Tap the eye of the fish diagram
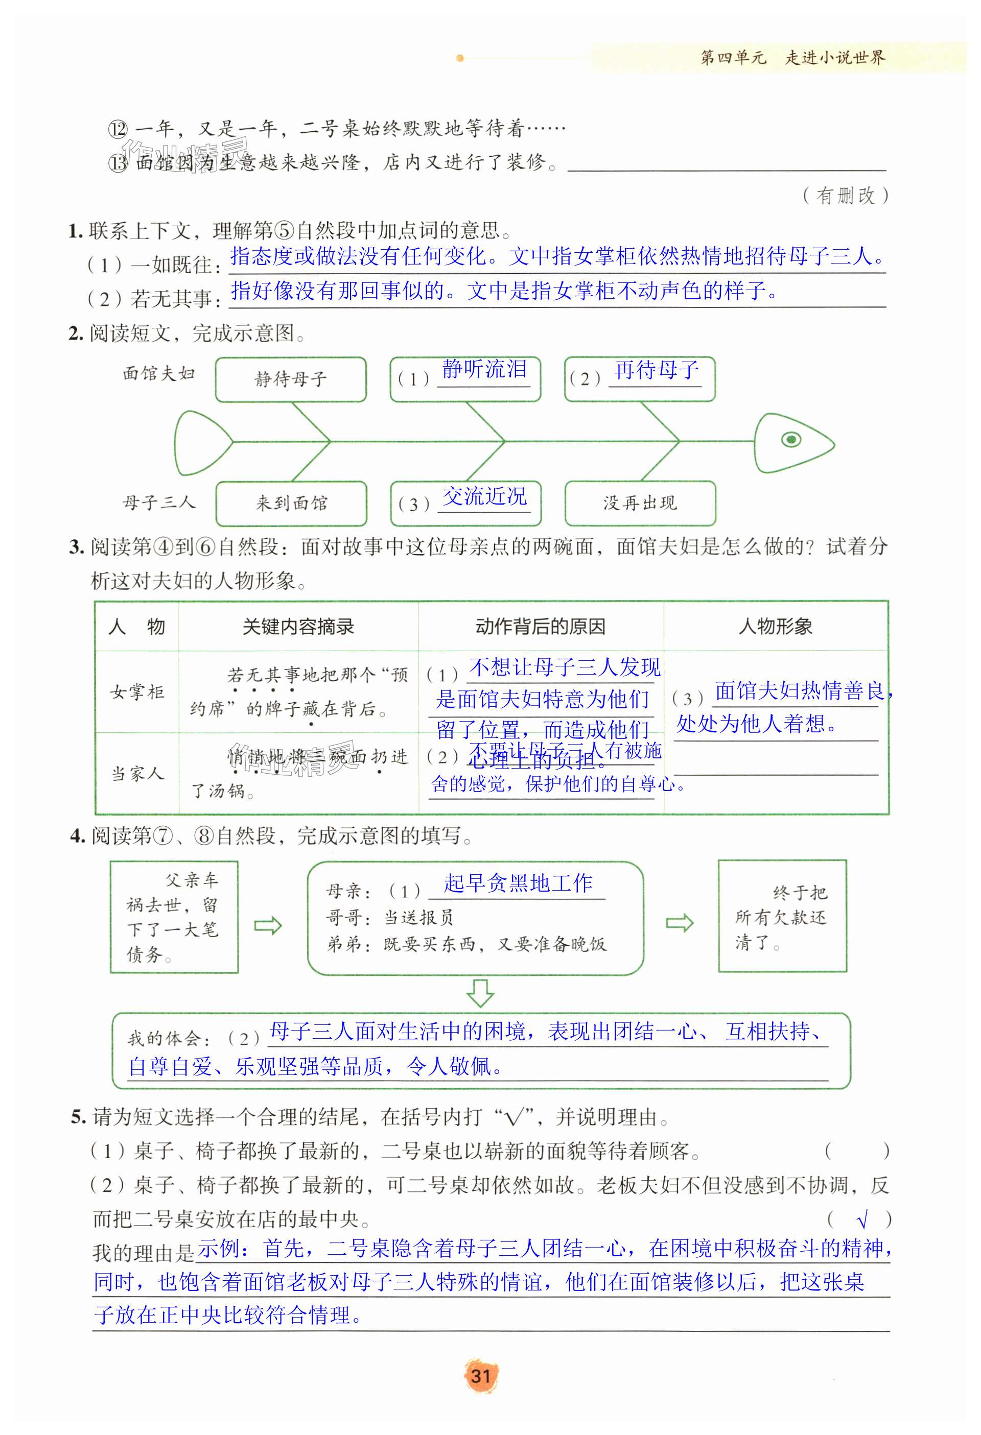tap(791, 440)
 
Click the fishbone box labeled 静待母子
tap(290, 378)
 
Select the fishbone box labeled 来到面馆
tap(291, 503)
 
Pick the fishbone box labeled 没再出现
tap(640, 503)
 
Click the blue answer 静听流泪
tap(484, 370)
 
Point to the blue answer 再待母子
tap(656, 370)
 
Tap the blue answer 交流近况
tap(484, 496)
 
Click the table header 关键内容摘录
tap(298, 627)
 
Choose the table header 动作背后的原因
tap(540, 627)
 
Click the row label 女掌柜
tap(137, 692)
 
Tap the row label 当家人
tap(137, 774)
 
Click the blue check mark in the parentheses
tap(863, 1219)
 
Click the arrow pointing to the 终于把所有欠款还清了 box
tap(680, 923)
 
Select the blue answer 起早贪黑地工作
tap(518, 883)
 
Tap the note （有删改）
tap(846, 196)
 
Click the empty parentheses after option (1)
tap(857, 1151)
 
